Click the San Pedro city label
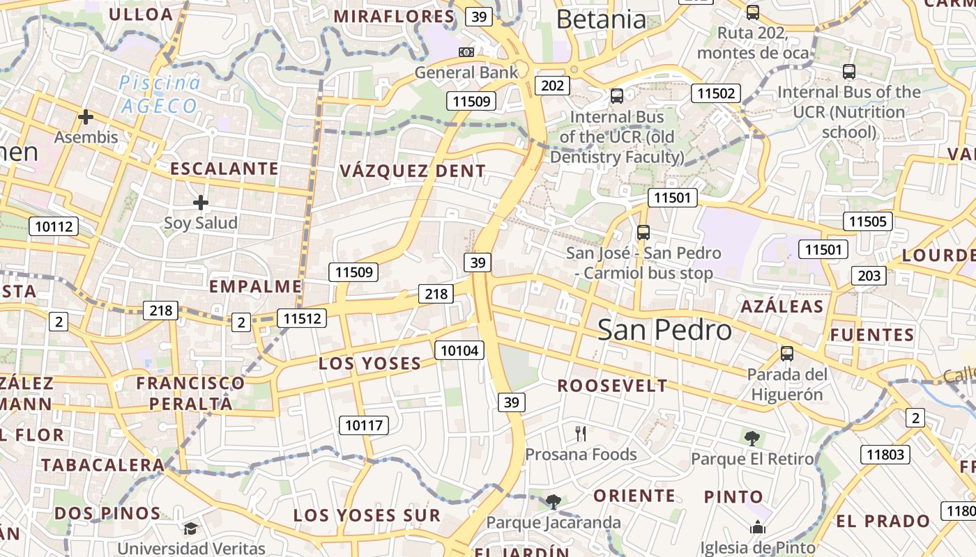[x=664, y=330]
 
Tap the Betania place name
[x=602, y=19]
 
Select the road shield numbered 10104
[x=459, y=350]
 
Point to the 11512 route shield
[x=301, y=319]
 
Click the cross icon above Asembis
[x=86, y=117]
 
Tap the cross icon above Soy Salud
[x=201, y=203]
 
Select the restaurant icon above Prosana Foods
[x=581, y=434]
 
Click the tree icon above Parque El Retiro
[x=752, y=438]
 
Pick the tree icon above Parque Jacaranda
[x=553, y=501]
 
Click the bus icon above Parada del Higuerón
[x=787, y=354]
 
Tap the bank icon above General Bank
[x=466, y=52]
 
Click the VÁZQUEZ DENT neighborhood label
[x=412, y=171]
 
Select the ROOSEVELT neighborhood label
[x=612, y=386]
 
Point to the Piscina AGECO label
[x=160, y=95]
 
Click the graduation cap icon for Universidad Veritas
[x=191, y=529]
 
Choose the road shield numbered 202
[x=552, y=86]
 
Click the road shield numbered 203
[x=869, y=276]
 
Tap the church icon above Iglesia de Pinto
[x=758, y=528]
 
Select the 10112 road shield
[x=54, y=226]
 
